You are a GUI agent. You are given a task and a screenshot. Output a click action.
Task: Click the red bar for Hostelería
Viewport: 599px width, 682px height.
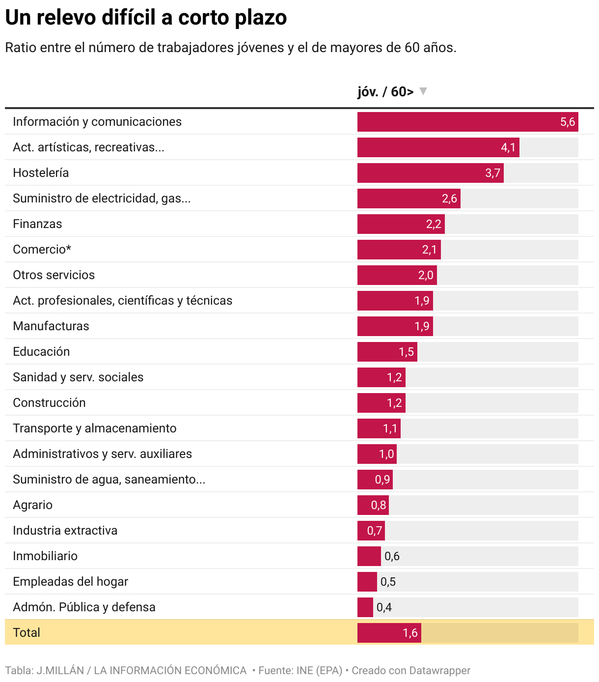[430, 173]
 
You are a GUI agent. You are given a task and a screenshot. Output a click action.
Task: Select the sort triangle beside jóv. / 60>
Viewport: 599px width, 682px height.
[423, 91]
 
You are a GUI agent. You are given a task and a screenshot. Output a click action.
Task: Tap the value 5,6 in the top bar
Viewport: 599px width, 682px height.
[568, 122]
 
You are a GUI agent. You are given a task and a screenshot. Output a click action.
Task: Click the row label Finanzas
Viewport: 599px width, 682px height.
[37, 224]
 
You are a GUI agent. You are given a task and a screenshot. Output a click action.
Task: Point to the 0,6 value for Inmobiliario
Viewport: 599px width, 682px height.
[392, 556]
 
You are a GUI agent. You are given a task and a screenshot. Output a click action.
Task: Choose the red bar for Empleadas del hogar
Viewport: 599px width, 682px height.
[367, 582]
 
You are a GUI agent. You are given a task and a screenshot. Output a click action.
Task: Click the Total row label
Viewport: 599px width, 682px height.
[26, 633]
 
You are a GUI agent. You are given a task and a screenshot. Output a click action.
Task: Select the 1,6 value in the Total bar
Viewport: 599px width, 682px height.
[410, 633]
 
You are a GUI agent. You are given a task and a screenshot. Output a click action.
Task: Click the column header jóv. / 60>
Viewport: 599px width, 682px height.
[385, 91]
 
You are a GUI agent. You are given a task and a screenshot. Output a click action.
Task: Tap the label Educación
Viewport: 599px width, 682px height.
[41, 352]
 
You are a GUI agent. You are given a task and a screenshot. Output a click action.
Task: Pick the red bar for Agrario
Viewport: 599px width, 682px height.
[373, 505]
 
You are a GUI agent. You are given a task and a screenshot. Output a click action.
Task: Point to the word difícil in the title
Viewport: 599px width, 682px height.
[129, 18]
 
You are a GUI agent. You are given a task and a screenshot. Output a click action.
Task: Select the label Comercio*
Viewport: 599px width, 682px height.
[42, 250]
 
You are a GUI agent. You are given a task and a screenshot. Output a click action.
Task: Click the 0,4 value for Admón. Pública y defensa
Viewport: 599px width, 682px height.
[384, 607]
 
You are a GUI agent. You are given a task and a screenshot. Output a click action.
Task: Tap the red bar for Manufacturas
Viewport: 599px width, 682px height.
[395, 326]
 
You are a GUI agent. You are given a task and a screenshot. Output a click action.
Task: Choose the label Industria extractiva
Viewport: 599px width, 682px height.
[65, 531]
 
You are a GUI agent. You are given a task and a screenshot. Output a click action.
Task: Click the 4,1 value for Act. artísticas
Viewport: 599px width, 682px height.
[508, 147]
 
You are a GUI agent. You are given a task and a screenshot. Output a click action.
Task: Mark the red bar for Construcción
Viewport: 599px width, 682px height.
[381, 403]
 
